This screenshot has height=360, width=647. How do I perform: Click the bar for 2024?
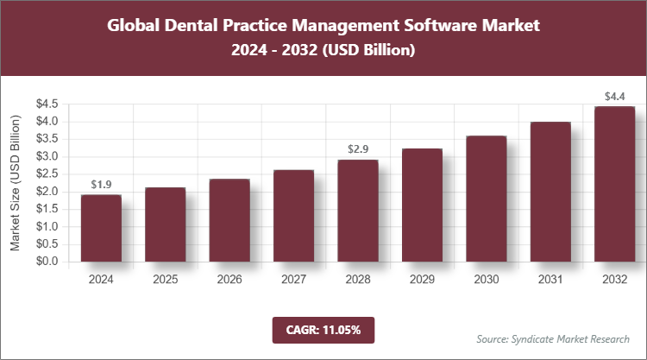coord(101,228)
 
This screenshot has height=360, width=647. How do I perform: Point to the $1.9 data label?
coord(101,185)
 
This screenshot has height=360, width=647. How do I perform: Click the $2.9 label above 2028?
coord(358,149)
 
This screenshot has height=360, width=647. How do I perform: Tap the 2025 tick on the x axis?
coord(166,280)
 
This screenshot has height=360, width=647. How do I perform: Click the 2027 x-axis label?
coord(293,280)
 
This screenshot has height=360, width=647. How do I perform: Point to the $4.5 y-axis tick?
coord(47,104)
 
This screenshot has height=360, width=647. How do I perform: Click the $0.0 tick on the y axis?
coord(47,262)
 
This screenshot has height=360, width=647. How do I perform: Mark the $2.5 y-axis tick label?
coord(47,174)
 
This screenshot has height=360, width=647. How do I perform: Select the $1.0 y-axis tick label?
coord(47,226)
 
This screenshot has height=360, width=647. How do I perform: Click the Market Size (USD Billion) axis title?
coord(16,182)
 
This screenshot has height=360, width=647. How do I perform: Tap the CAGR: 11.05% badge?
coord(323,330)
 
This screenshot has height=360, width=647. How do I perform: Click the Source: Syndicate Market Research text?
coord(552,338)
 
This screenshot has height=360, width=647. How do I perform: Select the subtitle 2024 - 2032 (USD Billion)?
coord(323,51)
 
